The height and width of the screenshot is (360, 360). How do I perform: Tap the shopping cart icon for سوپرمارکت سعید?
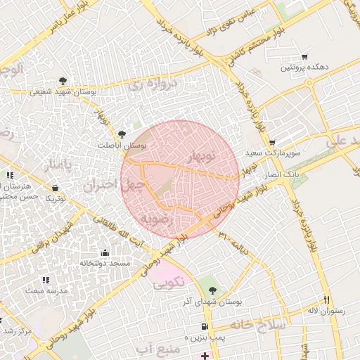pos(272,143)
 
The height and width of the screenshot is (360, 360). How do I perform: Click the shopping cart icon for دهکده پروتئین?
pos(304,57)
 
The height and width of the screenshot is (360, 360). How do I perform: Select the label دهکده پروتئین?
pos(303,68)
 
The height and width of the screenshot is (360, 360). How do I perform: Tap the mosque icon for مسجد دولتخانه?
pos(105,252)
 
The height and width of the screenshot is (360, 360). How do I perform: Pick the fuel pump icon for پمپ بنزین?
pos(205,326)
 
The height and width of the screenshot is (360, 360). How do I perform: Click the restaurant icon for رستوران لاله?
pos(325,299)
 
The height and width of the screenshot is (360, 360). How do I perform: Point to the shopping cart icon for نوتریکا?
pos(56,188)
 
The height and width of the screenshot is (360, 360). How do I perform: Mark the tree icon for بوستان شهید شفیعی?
pos(63,81)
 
